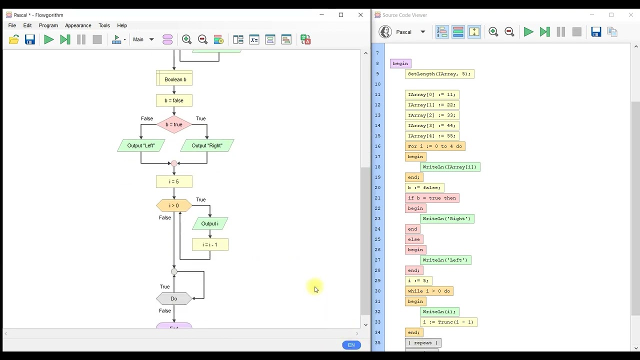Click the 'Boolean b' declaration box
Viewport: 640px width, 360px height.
(174, 79)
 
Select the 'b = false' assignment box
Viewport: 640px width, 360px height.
(174, 100)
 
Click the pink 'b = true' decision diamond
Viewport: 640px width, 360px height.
(174, 124)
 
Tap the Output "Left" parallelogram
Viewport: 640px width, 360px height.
(141, 145)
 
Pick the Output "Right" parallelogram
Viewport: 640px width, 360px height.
(207, 145)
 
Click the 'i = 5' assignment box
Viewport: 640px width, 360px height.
(174, 181)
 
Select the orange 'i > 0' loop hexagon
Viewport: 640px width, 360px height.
(174, 205)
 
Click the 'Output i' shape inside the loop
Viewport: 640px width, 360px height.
(210, 223)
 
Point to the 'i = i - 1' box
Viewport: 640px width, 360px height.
(210, 244)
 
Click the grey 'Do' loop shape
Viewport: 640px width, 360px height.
(174, 298)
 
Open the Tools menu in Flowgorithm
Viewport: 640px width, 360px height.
(104, 25)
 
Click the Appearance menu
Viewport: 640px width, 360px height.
(78, 25)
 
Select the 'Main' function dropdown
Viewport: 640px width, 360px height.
(143, 39)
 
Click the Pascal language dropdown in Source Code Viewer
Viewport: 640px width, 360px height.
(410, 32)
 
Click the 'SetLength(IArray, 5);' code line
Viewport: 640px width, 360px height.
(439, 74)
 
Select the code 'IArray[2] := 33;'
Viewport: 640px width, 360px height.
(431, 115)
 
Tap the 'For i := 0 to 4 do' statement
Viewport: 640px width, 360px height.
(435, 146)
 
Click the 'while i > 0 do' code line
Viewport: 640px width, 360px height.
(429, 291)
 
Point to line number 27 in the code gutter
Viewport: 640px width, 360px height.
(377, 260)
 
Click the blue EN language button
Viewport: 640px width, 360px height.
(351, 345)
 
